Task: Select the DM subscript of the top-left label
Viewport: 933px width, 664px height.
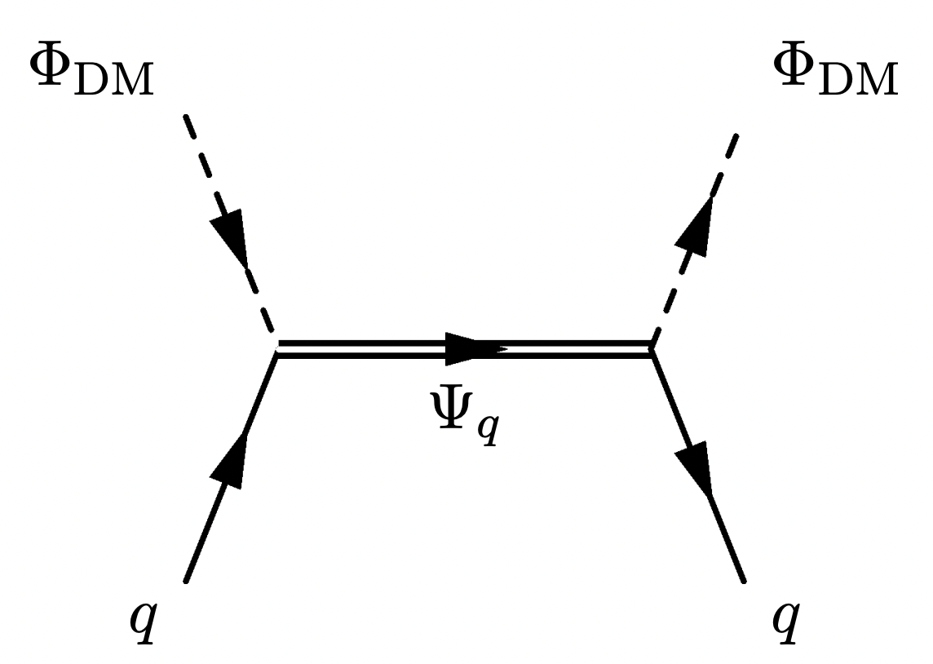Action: pos(115,82)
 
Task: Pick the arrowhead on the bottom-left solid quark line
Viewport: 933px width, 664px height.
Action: pos(233,461)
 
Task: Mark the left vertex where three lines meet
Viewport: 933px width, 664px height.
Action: pos(277,349)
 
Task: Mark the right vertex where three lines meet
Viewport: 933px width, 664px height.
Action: pos(652,349)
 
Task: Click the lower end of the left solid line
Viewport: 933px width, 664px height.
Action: pos(186,581)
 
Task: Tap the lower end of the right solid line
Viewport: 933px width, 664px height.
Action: pos(743,581)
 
